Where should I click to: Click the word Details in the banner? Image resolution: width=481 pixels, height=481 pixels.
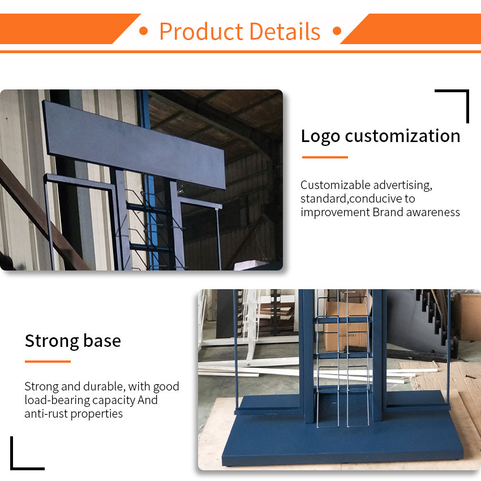tap(285, 31)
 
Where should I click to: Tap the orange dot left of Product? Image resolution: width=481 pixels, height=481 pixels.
tap(143, 31)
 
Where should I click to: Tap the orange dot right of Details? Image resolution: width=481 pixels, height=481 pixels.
tap(337, 31)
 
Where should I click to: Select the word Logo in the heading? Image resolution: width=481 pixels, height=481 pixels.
tap(320, 136)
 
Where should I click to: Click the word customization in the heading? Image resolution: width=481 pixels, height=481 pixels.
tap(402, 136)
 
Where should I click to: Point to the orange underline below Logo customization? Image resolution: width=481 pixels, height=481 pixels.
tap(325, 157)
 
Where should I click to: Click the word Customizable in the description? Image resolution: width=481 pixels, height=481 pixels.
tap(336, 185)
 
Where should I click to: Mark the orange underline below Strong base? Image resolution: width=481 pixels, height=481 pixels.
tap(48, 362)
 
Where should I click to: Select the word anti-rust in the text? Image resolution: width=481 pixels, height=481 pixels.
tap(46, 414)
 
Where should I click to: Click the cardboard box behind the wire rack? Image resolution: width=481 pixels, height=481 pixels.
tap(346, 325)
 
